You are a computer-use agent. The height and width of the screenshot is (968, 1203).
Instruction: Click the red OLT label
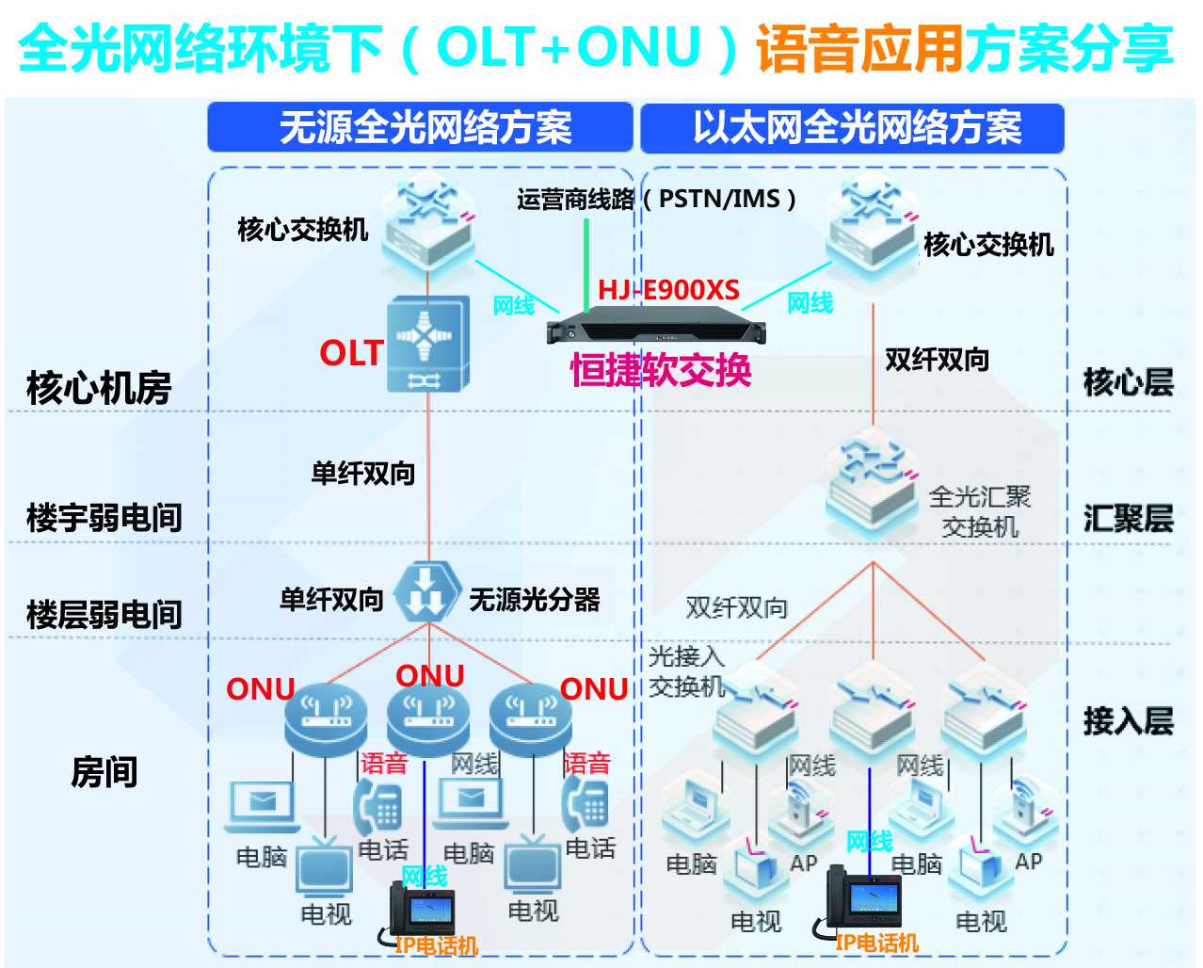pos(350,353)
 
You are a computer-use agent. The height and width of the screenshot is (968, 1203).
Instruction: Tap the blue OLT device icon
pos(428,345)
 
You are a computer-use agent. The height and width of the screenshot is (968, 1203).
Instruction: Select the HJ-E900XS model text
pos(668,290)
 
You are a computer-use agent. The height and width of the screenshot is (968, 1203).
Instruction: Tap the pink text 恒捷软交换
pos(661,370)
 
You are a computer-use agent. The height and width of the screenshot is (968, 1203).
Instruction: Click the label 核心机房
pos(99,387)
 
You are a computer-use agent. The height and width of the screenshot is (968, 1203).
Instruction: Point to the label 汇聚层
pos(1128,518)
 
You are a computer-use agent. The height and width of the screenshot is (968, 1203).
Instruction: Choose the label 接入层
pos(1128,720)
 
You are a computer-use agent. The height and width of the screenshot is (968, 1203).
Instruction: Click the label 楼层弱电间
pos(104,614)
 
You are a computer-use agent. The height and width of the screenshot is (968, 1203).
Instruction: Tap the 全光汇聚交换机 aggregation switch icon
pos(871,480)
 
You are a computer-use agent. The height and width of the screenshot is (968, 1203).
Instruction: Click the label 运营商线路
pos(575,200)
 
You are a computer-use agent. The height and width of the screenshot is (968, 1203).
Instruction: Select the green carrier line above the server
pos(586,264)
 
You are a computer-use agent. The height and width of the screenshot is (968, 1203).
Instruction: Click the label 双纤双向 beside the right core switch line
pos(937,359)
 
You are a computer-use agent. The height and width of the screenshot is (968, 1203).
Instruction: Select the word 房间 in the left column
pos(104,771)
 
